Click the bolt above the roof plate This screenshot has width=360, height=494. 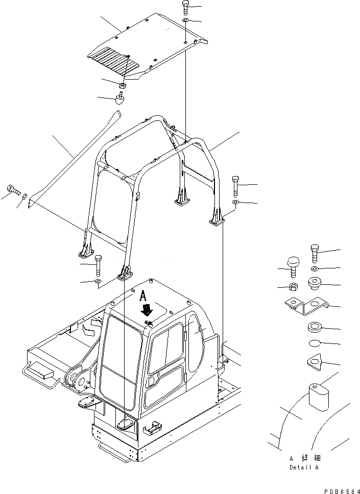click(x=185, y=8)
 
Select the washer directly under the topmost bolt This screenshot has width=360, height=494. click(x=185, y=20)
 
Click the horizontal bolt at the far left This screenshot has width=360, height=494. click(x=14, y=192)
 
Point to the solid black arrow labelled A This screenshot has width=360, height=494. click(x=148, y=310)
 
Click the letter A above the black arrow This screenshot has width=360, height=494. click(x=145, y=294)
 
